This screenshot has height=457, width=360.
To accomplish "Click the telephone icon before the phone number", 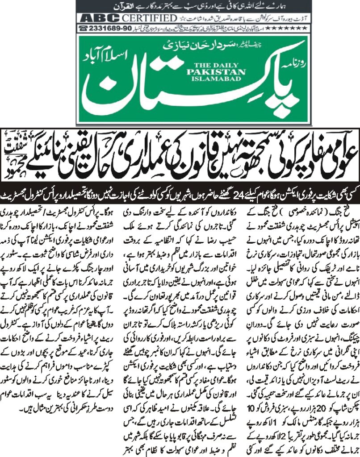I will [84, 28].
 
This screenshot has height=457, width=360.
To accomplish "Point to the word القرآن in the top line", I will [268, 7].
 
